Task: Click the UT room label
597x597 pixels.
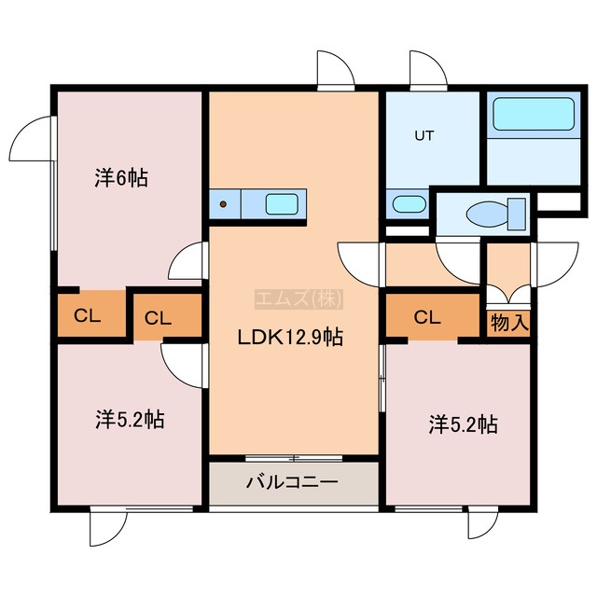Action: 424,135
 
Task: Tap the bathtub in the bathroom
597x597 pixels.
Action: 534,114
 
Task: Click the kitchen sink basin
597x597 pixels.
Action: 282,204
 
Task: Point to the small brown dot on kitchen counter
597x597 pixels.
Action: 224,204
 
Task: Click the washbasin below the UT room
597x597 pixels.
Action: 409,204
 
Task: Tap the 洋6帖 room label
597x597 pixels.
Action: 121,178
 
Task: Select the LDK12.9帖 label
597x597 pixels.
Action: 290,338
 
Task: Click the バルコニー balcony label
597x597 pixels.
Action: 292,482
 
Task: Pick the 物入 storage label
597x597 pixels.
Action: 509,324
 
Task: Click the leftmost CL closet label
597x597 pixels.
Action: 87,315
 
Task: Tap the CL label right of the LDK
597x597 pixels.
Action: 427,317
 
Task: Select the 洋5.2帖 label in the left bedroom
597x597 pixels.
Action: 130,419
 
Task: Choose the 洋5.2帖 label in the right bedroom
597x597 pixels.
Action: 463,424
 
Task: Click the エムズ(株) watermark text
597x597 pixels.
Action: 298,298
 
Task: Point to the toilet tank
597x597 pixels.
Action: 517,214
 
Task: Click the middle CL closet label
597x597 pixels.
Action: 158,318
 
